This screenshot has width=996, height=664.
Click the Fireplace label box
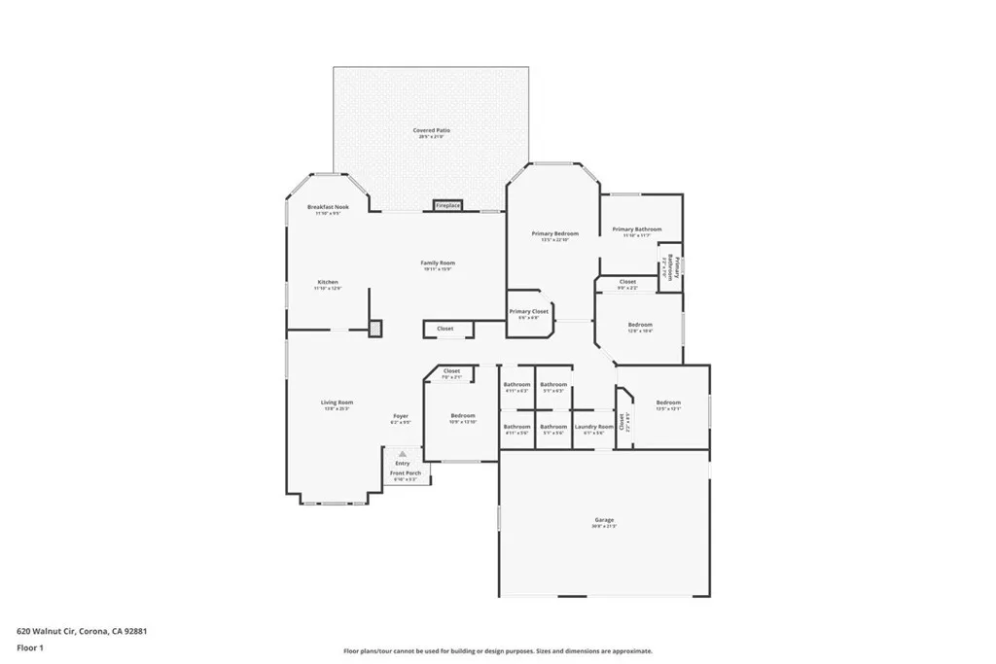(x=447, y=206)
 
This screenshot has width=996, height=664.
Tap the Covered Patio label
(x=431, y=130)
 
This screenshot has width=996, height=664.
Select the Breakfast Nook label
(x=328, y=208)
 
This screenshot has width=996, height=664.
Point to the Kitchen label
(x=328, y=283)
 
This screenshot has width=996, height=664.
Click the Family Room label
(x=438, y=263)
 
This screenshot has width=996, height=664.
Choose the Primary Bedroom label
(x=554, y=234)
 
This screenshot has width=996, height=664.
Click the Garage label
(x=604, y=521)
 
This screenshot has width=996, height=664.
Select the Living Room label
(x=338, y=402)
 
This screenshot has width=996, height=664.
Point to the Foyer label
(x=401, y=416)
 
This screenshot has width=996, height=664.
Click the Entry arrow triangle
(x=402, y=453)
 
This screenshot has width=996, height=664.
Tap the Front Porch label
(x=404, y=474)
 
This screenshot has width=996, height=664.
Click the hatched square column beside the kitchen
(x=375, y=329)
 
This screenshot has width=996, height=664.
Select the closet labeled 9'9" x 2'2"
(x=627, y=283)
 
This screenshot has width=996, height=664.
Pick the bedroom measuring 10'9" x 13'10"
(x=462, y=417)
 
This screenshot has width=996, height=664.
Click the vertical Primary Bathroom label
(x=669, y=266)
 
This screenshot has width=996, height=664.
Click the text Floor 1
(x=30, y=647)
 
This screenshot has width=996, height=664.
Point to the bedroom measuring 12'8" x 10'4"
(x=640, y=326)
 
